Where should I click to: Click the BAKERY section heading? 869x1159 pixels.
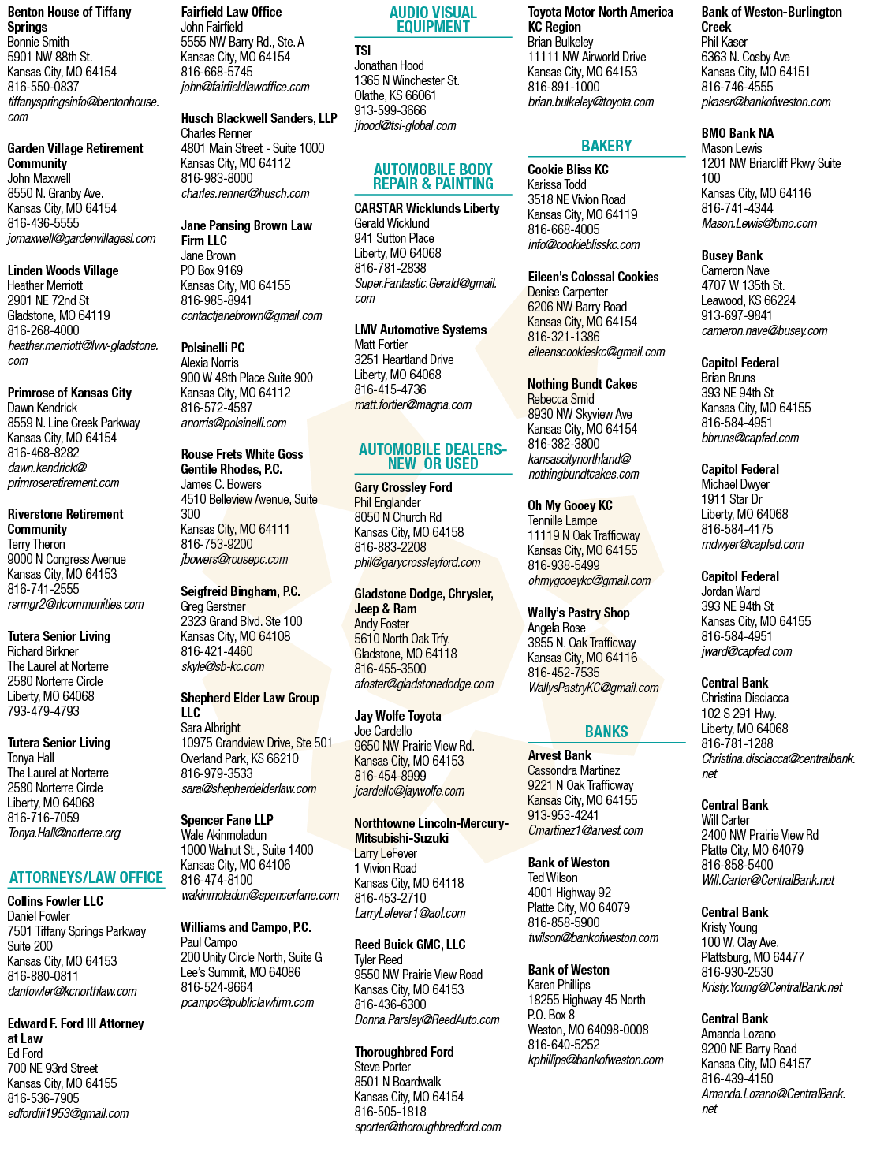click(606, 145)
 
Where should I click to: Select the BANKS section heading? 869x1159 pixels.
click(606, 732)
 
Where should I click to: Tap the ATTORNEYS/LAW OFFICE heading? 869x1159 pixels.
click(86, 877)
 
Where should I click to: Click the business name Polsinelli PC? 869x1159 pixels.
click(213, 348)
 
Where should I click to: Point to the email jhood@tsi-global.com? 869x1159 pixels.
click(405, 125)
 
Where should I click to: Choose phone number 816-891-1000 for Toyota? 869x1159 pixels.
click(564, 87)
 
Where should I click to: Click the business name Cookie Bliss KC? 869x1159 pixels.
click(568, 170)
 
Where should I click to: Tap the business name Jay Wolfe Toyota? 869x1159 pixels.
click(397, 716)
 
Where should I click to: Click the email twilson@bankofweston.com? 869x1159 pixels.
click(594, 937)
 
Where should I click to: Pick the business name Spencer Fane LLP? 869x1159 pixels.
click(227, 820)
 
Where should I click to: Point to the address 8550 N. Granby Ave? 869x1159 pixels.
click(55, 193)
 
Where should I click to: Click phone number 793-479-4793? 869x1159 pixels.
click(43, 710)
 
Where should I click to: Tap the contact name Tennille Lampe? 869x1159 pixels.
click(562, 520)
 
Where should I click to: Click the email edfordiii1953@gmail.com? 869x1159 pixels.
click(68, 1113)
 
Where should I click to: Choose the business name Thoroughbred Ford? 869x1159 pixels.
click(404, 1052)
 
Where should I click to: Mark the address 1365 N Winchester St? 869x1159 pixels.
click(407, 80)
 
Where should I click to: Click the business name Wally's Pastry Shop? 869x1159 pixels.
click(579, 613)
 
